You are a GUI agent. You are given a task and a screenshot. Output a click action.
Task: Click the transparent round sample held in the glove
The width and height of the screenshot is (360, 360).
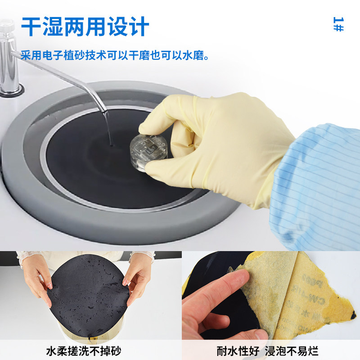(x=148, y=151)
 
